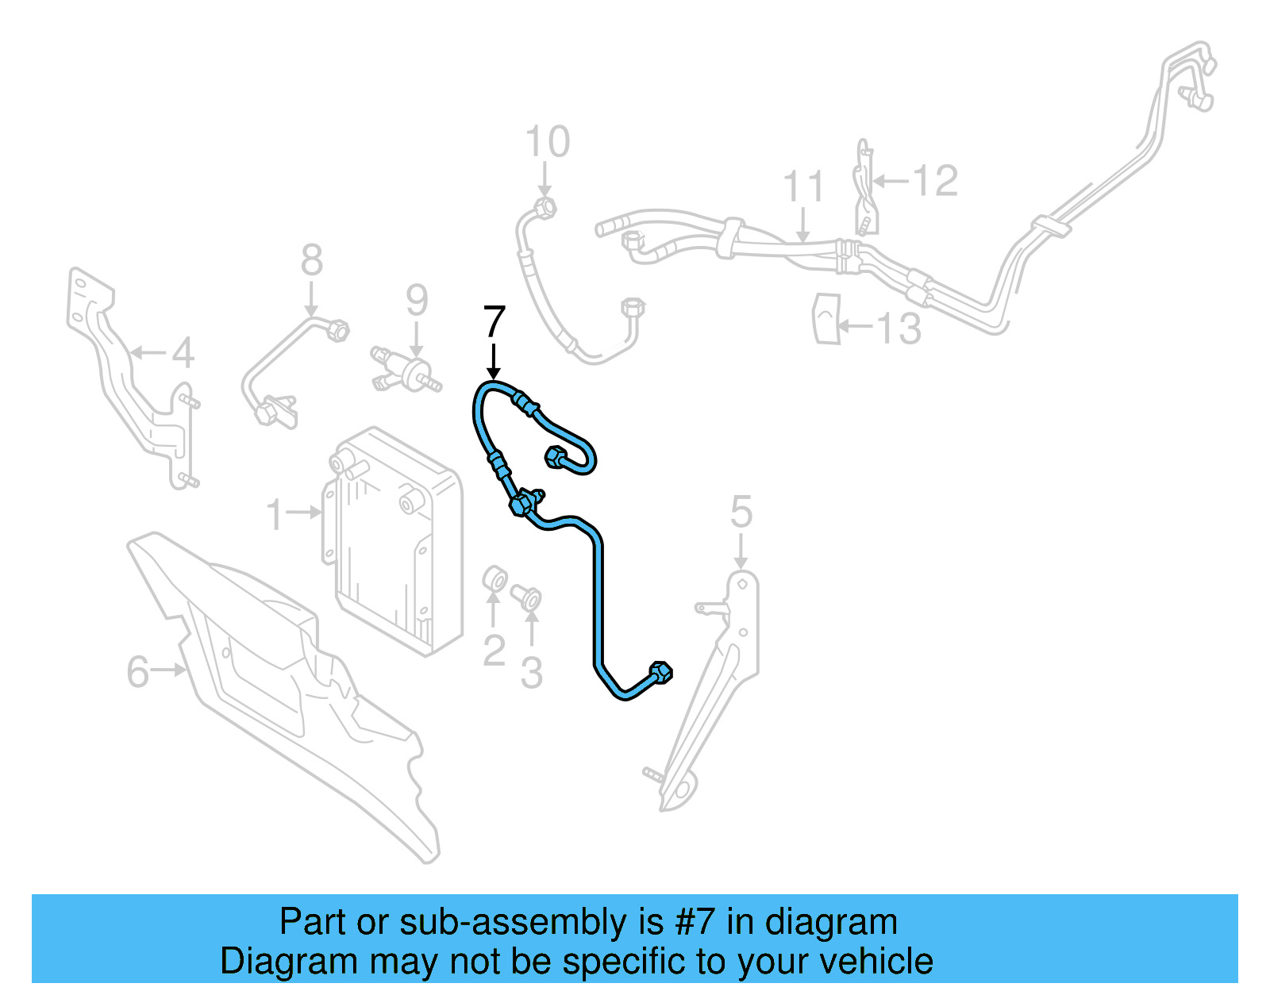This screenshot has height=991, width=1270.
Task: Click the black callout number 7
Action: (494, 321)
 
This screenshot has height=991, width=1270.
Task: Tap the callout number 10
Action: (548, 143)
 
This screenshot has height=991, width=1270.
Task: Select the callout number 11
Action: (803, 187)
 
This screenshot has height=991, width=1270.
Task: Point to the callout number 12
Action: (936, 181)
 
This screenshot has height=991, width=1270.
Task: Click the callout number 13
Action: (899, 328)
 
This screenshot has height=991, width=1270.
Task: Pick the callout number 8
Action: (312, 260)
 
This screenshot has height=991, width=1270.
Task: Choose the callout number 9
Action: (417, 301)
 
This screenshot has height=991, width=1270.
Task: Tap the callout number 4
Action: (183, 352)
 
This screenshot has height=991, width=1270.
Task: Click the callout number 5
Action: (741, 512)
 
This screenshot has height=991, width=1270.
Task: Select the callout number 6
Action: (137, 672)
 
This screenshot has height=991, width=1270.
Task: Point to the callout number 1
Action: (275, 514)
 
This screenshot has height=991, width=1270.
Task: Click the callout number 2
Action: (494, 651)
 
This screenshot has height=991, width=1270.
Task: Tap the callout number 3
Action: (531, 673)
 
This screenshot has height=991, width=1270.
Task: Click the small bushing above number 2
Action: (495, 578)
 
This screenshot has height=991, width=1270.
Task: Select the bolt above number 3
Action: (526, 597)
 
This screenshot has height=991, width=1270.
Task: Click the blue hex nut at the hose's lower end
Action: (661, 672)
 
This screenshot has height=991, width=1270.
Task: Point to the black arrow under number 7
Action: (494, 361)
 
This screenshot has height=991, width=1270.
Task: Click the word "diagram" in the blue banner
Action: (831, 923)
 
